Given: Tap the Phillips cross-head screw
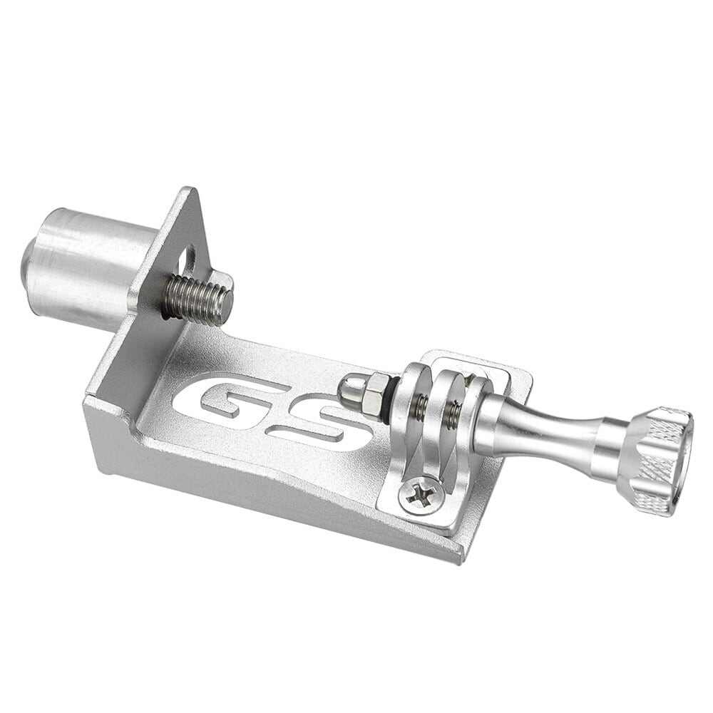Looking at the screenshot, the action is (x=420, y=495).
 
